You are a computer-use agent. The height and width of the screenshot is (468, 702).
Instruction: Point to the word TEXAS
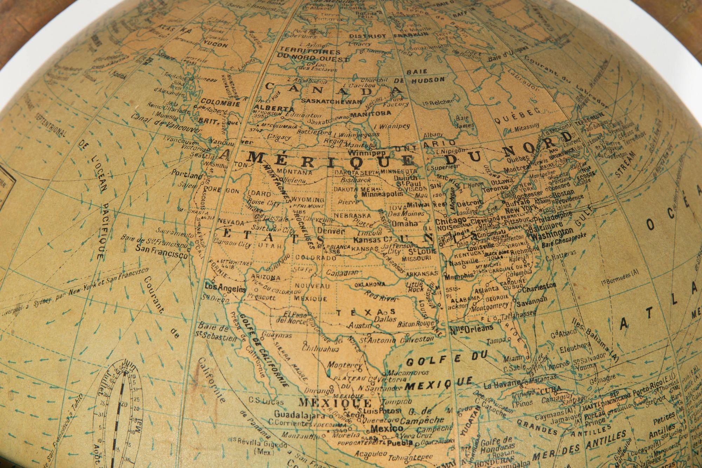pyautogui.click(x=365, y=312)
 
